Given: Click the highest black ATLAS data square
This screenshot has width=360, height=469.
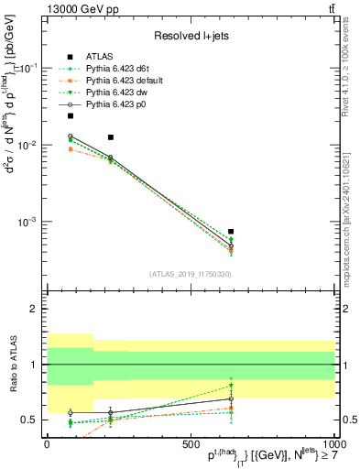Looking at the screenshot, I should coord(71,116).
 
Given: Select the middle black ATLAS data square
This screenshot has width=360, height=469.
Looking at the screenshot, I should coord(111,137).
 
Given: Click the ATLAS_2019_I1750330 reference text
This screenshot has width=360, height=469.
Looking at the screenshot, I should coord(190,274).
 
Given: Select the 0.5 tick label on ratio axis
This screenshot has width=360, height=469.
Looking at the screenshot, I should coord(29,420).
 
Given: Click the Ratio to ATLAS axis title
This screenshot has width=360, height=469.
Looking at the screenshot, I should coord(12,365).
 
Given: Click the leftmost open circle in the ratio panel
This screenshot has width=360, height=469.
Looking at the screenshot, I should coord(71,413).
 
